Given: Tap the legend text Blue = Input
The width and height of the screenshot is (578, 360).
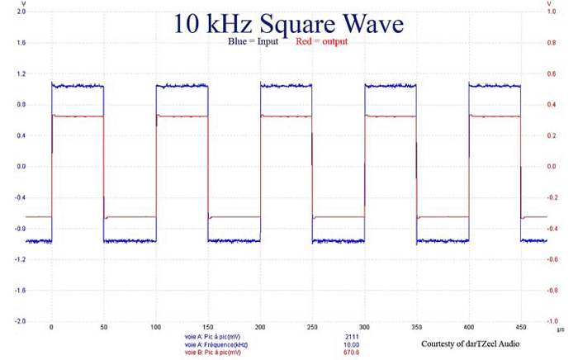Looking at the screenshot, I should click(255, 42).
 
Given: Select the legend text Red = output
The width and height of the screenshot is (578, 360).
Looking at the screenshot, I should click(321, 42).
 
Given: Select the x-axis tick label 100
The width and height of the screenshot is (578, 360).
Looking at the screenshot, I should click(104, 328).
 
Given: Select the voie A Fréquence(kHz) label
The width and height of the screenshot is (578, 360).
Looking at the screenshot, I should click(216, 344).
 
